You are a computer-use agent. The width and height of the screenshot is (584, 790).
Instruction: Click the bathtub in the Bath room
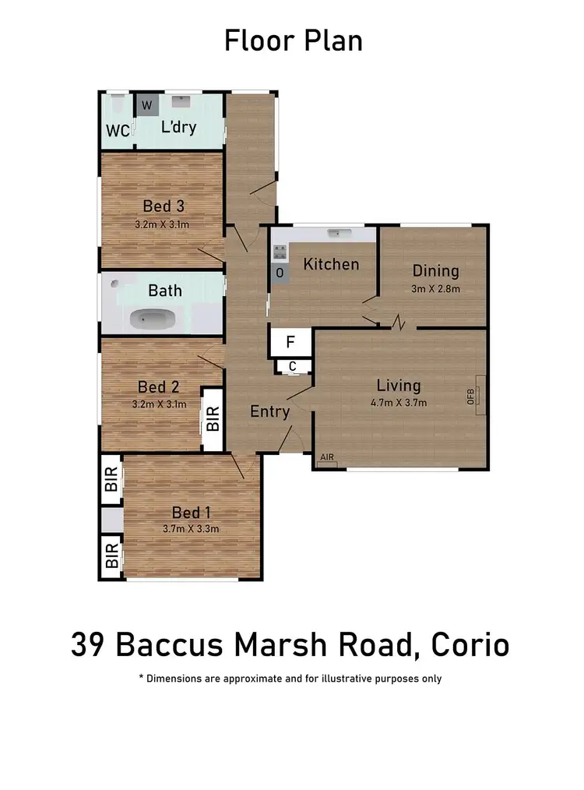(x=153, y=318)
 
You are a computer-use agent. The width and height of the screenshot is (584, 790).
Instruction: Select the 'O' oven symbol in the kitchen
(x=280, y=273)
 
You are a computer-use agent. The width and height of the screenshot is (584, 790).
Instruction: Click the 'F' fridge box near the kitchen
(x=290, y=342)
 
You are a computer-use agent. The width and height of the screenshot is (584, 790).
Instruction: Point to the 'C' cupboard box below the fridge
(x=292, y=366)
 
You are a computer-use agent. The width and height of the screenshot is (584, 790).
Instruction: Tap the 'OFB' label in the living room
(x=471, y=397)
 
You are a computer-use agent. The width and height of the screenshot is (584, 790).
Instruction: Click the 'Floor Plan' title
(x=293, y=41)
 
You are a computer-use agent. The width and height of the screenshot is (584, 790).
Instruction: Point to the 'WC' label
(x=118, y=131)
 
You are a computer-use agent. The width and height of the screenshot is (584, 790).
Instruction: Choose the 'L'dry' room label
(x=178, y=127)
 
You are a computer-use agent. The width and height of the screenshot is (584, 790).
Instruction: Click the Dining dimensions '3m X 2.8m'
(x=435, y=288)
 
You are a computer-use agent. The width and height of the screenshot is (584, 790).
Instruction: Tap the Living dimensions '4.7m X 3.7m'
(x=399, y=402)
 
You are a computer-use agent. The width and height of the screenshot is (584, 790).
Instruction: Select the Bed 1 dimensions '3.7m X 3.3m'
(x=192, y=529)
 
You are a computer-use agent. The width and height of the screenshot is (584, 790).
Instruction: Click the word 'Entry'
(x=269, y=411)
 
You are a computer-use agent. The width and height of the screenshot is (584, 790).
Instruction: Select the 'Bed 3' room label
(x=164, y=206)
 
